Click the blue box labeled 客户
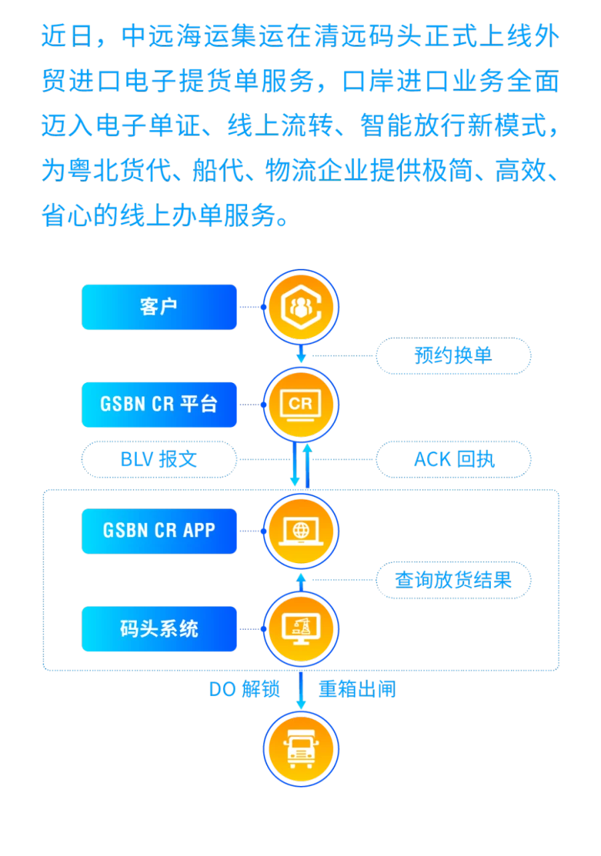[159, 307]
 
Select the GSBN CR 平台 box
[159, 404]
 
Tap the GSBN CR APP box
[159, 531]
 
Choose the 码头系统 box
[159, 628]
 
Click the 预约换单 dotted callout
[453, 356]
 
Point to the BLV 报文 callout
[159, 459]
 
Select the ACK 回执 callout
[453, 459]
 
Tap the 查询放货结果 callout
[453, 580]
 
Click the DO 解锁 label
[244, 689]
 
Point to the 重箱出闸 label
[357, 689]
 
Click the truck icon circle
[300, 749]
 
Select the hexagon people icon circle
[300, 307]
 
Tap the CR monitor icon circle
[300, 404]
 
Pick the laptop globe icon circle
[300, 531]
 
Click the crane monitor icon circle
[300, 628]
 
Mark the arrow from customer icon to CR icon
[301, 354]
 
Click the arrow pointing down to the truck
[301, 690]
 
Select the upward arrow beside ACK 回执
[308, 466]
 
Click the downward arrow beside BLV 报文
[294, 464]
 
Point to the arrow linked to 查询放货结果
[301, 582]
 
